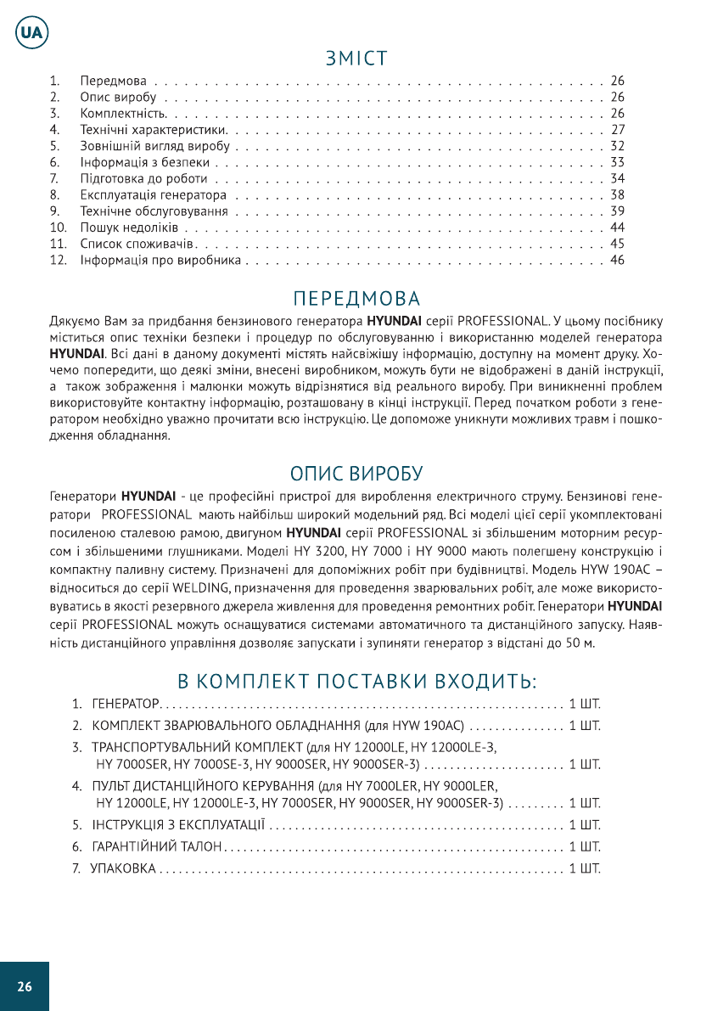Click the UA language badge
[31, 32]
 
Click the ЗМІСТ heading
[356, 59]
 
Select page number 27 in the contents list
[617, 130]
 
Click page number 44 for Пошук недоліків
[617, 227]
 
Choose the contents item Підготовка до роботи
[143, 178]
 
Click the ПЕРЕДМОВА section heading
[356, 299]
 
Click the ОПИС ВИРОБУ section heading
[356, 472]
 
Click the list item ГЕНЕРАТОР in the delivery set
[125, 705]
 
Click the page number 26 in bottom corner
[24, 986]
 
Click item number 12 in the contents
[57, 260]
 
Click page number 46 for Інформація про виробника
[617, 260]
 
